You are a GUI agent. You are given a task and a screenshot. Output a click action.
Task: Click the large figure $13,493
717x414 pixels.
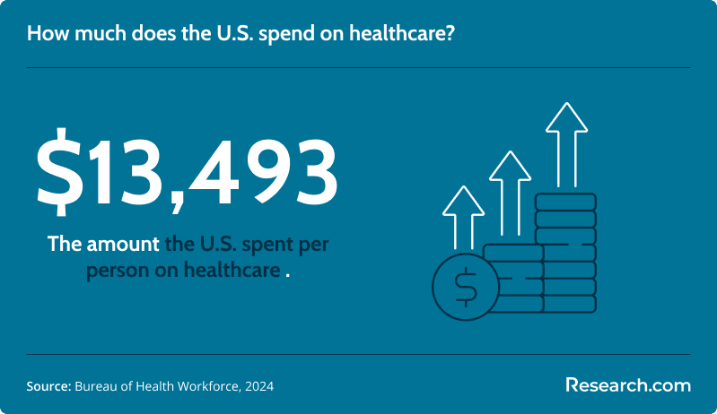click(x=187, y=172)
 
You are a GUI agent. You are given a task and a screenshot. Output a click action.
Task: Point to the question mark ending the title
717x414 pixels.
click(x=449, y=34)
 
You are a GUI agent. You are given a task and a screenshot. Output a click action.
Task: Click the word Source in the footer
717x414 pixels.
click(x=48, y=386)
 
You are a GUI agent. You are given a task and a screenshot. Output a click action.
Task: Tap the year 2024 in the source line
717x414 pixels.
click(x=259, y=386)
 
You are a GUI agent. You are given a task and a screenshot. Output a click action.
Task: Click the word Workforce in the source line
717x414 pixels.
click(x=208, y=386)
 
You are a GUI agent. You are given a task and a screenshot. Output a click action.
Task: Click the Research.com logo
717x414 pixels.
click(x=628, y=385)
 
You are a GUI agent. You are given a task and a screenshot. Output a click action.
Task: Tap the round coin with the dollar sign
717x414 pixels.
click(x=466, y=287)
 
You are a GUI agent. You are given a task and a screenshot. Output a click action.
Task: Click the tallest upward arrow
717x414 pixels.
click(x=566, y=144)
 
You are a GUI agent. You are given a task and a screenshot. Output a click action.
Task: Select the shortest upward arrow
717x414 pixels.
click(x=463, y=217)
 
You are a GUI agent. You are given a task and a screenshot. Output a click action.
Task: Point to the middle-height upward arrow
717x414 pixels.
click(x=510, y=194)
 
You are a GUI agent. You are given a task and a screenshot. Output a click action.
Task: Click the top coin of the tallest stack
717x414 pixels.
click(x=565, y=202)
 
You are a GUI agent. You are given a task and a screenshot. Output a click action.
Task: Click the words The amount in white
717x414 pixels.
click(x=103, y=245)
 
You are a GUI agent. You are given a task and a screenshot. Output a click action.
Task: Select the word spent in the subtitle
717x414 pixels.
click(x=267, y=246)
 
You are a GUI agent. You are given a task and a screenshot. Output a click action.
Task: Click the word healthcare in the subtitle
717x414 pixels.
click(x=232, y=270)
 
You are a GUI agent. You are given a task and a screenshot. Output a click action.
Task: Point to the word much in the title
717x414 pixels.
click(x=101, y=34)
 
